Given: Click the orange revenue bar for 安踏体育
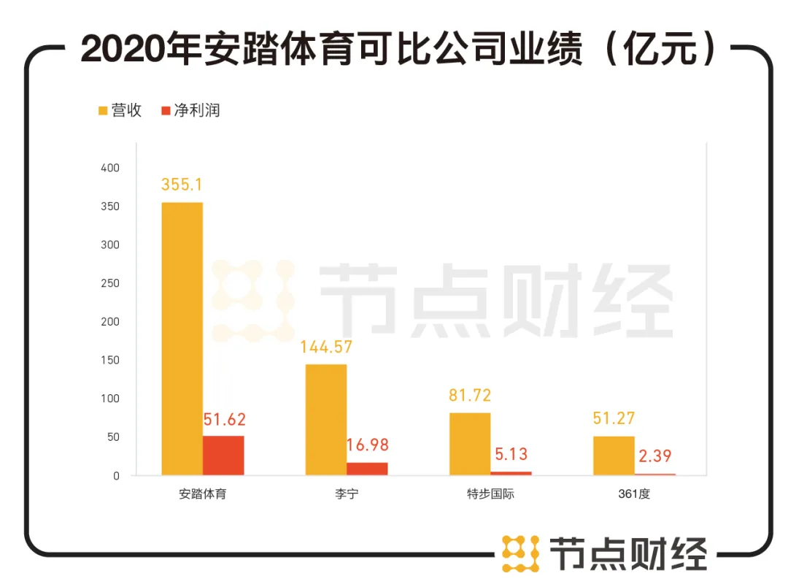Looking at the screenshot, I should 182,339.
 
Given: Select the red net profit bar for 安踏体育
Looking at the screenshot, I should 223,456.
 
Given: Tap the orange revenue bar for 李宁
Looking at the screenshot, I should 325,420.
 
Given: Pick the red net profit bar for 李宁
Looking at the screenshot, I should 367,469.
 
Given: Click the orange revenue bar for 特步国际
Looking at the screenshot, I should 470,444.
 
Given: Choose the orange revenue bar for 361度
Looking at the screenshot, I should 614,456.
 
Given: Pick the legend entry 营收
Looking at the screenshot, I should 120,111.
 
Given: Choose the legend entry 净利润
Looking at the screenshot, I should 190,111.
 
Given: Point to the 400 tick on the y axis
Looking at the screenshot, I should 110,168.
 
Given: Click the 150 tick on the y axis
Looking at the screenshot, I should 110,361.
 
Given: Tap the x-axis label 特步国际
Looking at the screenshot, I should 490,494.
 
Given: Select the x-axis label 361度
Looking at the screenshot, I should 633,494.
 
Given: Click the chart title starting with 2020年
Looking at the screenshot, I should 394,49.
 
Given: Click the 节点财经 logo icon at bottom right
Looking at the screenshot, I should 520,553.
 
